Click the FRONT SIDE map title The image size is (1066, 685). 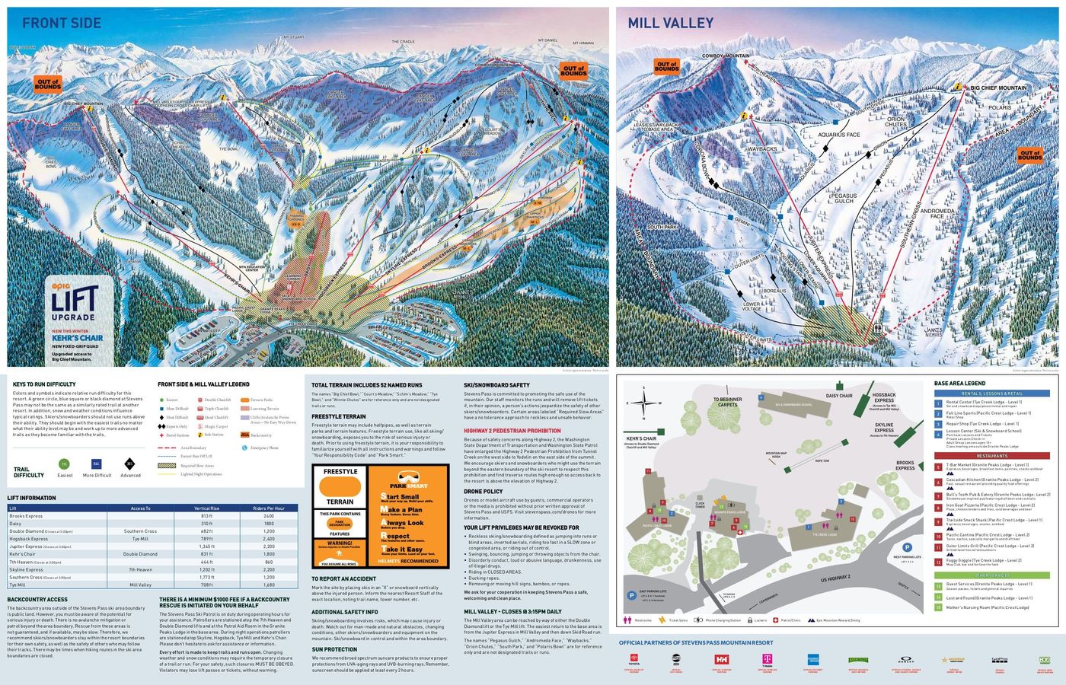[x=61, y=23]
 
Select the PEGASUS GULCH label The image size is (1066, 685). [x=844, y=199]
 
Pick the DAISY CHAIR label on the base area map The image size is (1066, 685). [x=839, y=396]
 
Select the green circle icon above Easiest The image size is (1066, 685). [x=64, y=464]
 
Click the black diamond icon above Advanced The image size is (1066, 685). [x=129, y=464]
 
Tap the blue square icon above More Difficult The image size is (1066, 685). [x=97, y=464]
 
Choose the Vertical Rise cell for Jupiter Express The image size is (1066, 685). [x=206, y=546]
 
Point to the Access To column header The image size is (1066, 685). [x=140, y=508]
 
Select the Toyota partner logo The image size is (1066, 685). [x=631, y=660]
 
